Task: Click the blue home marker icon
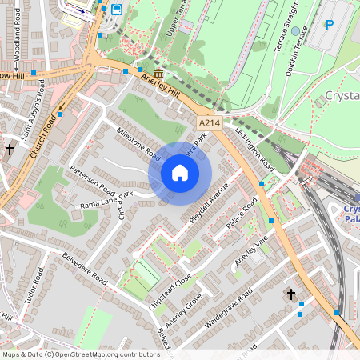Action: tap(180, 173)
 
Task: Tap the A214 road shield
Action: tap(210, 122)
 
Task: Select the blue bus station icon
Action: tap(117, 10)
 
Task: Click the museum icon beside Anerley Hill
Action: tap(158, 74)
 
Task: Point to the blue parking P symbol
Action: tap(329, 25)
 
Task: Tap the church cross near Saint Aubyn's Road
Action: tap(10, 150)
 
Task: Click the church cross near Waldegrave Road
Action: tap(291, 294)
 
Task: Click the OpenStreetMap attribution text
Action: tap(81, 354)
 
